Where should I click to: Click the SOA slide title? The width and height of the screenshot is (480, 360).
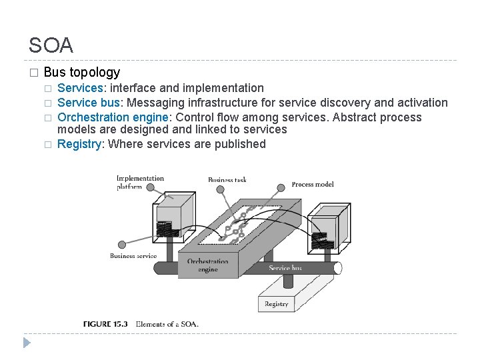click(51, 45)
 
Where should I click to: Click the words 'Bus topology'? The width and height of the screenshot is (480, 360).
click(81, 72)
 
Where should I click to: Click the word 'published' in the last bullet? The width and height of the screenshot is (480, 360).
click(239, 144)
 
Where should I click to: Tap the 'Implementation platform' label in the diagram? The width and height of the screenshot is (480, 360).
click(139, 182)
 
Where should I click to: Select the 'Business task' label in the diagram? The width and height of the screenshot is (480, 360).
click(227, 180)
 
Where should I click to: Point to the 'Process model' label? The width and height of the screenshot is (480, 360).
click(313, 184)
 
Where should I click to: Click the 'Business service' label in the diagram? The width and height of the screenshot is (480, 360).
click(133, 255)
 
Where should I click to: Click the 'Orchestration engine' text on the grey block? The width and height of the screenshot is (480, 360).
click(208, 265)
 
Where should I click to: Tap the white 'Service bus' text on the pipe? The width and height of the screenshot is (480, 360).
click(285, 268)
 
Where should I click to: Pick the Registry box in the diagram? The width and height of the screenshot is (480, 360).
click(276, 303)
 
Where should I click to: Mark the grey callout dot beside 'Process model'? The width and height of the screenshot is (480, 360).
click(282, 185)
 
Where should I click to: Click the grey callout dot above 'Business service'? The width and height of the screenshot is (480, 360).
click(121, 245)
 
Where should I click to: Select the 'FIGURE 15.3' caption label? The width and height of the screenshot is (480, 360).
click(105, 324)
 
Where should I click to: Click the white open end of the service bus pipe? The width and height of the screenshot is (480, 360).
click(338, 268)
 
